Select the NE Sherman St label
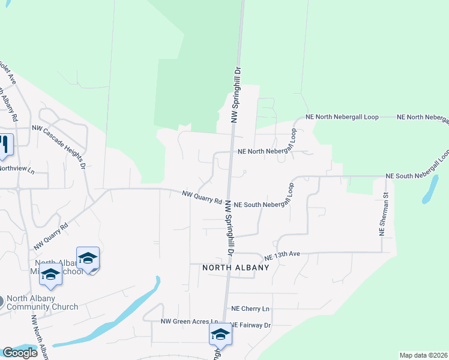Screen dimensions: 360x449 385,214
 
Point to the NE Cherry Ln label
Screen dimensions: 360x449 250,308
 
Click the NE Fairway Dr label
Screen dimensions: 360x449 252,325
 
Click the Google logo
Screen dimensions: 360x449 19,353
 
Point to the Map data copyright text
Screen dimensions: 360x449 424,355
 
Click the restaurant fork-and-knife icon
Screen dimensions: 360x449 5,145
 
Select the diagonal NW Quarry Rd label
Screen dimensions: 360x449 51,237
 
